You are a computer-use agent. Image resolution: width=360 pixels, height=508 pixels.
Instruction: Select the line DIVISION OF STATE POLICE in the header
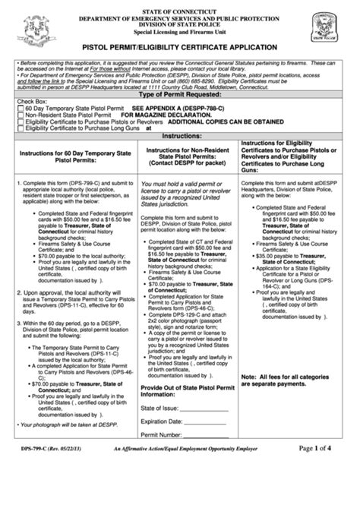coord(179,23)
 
